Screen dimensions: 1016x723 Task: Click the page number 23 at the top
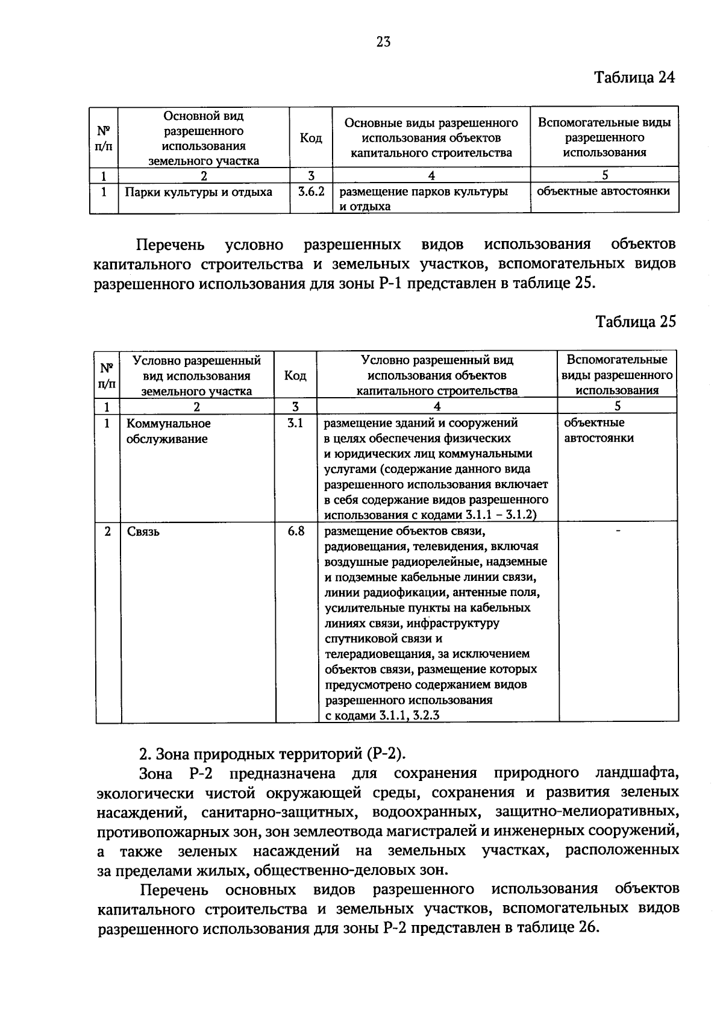(383, 42)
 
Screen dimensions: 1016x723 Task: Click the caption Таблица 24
(634, 78)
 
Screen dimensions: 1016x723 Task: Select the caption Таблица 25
(636, 321)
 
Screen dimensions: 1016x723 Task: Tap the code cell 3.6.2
(311, 192)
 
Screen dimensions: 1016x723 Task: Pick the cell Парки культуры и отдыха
(198, 192)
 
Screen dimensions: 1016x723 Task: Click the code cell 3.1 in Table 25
(295, 423)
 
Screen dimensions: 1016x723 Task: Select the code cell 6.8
(296, 531)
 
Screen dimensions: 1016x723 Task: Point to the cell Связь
(143, 532)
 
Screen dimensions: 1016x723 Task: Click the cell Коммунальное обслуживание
(169, 431)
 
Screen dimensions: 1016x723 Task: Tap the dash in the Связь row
(618, 530)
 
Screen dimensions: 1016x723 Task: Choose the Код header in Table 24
(311, 138)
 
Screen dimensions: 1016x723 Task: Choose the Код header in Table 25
(295, 375)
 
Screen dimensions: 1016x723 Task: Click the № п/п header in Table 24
(104, 138)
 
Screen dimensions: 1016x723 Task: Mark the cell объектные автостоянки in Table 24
(603, 191)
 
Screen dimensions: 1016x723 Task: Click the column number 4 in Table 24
(431, 175)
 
